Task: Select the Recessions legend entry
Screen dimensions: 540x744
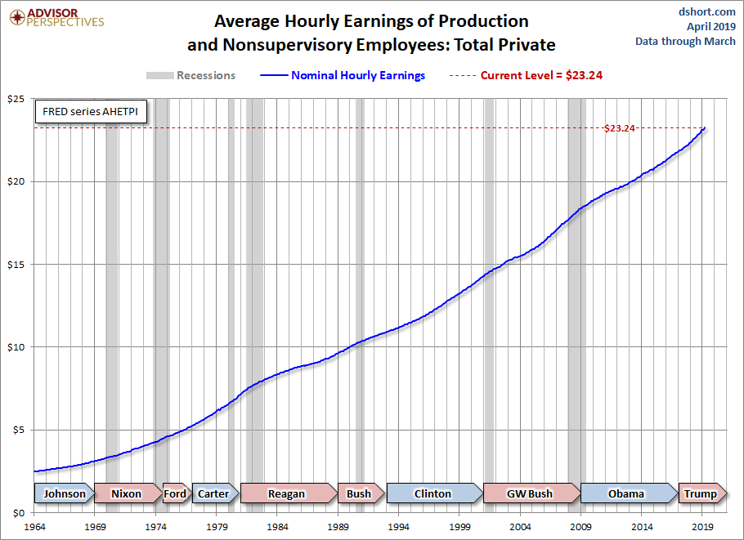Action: click(190, 75)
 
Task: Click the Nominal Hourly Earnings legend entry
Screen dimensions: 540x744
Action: click(346, 75)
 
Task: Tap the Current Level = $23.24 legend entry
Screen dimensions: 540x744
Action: click(527, 75)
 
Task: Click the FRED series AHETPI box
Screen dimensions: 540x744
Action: click(90, 112)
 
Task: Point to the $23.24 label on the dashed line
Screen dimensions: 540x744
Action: click(619, 128)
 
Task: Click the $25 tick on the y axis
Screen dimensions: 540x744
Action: click(16, 99)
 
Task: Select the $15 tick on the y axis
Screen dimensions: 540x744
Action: click(16, 265)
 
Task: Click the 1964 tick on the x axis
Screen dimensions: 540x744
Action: click(34, 526)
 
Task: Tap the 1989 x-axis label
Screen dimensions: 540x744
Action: click(338, 526)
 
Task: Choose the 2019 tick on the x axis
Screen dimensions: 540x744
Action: click(703, 526)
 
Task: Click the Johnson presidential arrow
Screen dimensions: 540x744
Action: click(64, 493)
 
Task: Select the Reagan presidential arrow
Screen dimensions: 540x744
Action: click(287, 493)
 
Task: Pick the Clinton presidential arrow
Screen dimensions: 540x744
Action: click(433, 493)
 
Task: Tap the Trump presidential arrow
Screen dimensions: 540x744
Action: click(701, 493)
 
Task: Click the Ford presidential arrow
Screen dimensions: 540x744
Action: click(175, 493)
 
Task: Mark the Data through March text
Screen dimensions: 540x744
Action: click(685, 42)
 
